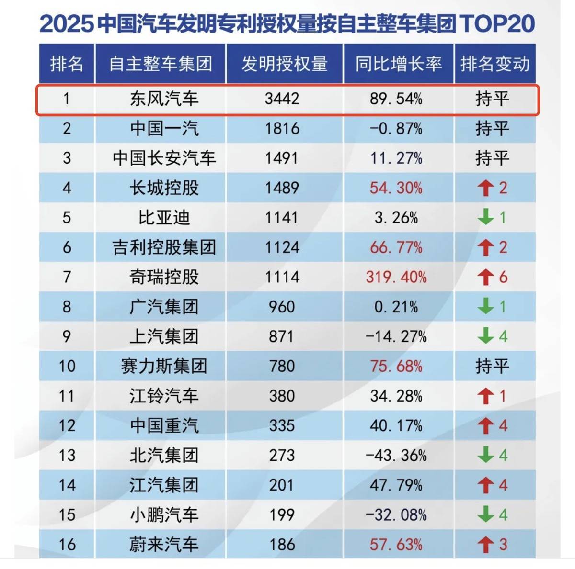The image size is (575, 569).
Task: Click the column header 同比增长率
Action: pyautogui.click(x=398, y=64)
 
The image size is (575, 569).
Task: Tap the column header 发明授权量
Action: pyautogui.click(x=284, y=64)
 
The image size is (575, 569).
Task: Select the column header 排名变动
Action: pyautogui.click(x=495, y=64)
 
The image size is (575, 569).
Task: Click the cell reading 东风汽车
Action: pyautogui.click(x=164, y=99)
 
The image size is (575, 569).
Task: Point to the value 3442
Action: pyautogui.click(x=282, y=99)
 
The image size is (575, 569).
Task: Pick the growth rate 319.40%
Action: pyautogui.click(x=396, y=277)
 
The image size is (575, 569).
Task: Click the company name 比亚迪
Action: pyautogui.click(x=164, y=218)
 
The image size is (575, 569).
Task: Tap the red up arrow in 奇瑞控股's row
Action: pyautogui.click(x=485, y=277)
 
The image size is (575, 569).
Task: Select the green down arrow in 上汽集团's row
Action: pyautogui.click(x=485, y=336)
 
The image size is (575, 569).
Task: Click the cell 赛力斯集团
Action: pyautogui.click(x=164, y=367)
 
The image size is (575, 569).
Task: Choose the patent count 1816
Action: pyautogui.click(x=282, y=128)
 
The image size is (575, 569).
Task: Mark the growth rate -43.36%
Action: pyautogui.click(x=396, y=456)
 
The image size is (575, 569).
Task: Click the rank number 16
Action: pyautogui.click(x=67, y=545)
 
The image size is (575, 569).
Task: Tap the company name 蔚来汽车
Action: pyautogui.click(x=164, y=545)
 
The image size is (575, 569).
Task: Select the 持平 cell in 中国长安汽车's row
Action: pyautogui.click(x=492, y=158)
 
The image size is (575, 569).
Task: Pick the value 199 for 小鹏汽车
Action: pyautogui.click(x=282, y=515)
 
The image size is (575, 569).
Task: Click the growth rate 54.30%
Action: pyautogui.click(x=396, y=188)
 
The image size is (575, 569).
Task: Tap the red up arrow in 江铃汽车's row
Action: pyautogui.click(x=485, y=396)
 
